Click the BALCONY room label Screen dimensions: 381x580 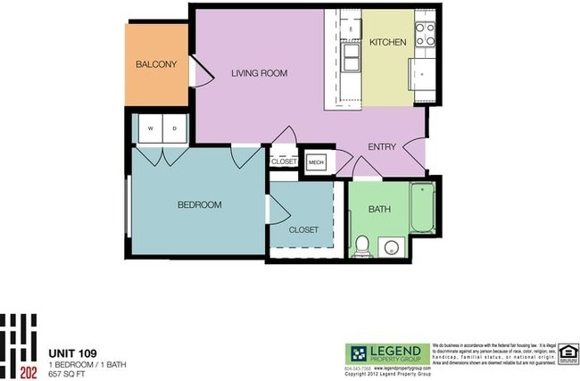pos(156,65)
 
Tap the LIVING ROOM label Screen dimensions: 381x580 pos(259,74)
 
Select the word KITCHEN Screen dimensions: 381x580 pos(388,42)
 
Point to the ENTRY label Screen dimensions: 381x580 pos(383,146)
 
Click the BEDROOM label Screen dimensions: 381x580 pos(198,204)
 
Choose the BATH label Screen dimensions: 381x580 pos(379,210)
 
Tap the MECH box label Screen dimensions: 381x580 pos(316,162)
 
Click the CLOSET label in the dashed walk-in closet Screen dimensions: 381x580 pos(303,229)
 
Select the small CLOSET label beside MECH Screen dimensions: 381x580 pos(284,162)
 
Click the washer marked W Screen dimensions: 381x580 pos(151,128)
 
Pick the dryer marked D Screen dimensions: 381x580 pos(174,128)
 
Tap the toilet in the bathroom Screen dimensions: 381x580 pos(362,244)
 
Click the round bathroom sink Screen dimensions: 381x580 pos(389,246)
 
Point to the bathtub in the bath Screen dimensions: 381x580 pos(421,211)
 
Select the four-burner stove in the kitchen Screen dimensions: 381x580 pos(425,33)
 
